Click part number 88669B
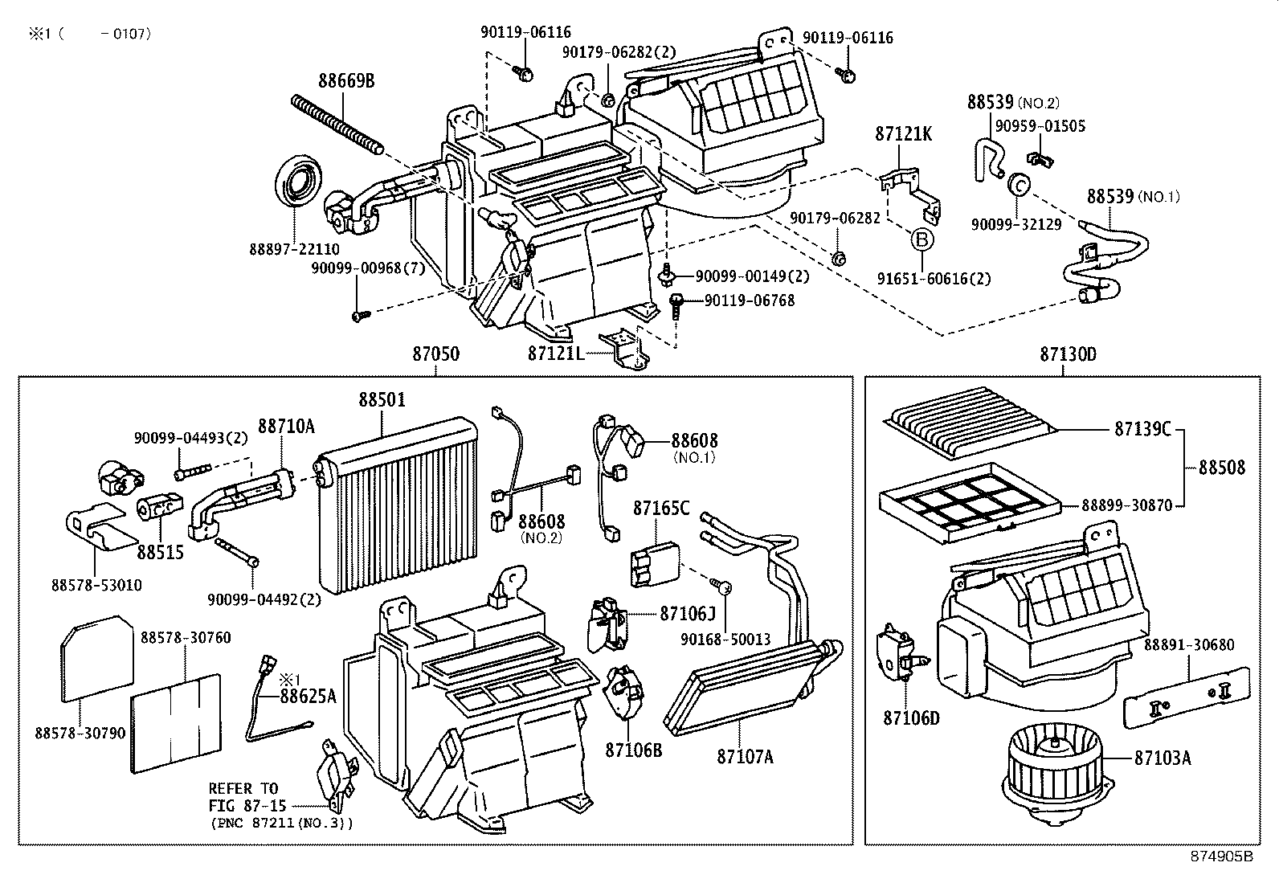tap(346, 80)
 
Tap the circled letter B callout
tap(921, 239)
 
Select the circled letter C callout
tap(1019, 185)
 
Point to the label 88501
tap(382, 399)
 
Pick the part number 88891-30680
tap(1189, 645)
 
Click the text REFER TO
tap(243, 788)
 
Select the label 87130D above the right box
tap(1068, 354)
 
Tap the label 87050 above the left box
tap(436, 354)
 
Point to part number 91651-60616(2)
tap(934, 279)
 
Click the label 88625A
tap(308, 696)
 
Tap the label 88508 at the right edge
tap(1222, 467)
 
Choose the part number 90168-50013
tap(725, 640)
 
